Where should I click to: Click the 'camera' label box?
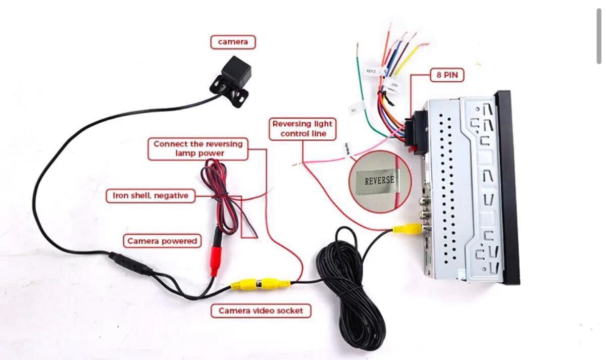click(233, 42)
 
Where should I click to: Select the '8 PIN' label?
click(447, 75)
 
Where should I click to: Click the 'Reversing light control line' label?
click(302, 129)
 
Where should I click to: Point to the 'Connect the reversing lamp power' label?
click(198, 148)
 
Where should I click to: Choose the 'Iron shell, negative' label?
click(150, 195)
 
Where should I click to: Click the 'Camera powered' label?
click(162, 241)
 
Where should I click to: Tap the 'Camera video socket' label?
click(261, 311)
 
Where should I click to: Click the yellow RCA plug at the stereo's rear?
click(407, 229)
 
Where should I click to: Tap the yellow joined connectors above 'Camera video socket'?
click(261, 283)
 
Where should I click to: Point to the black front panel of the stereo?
click(508, 187)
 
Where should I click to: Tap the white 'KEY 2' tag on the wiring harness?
click(371, 72)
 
